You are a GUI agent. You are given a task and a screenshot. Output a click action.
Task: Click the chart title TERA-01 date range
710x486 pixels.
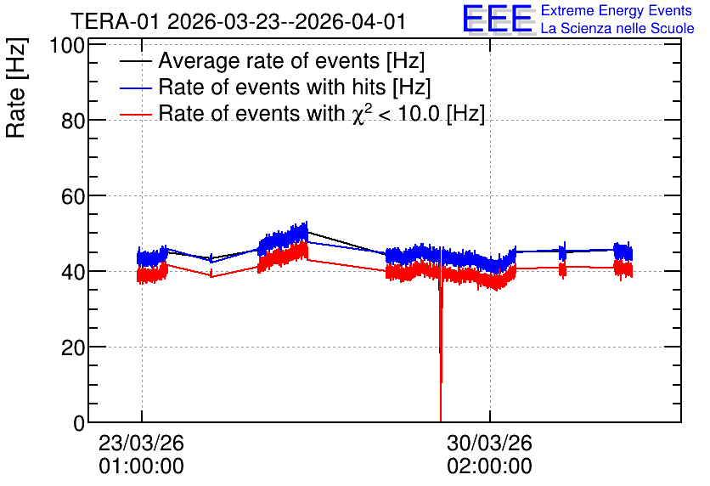238,21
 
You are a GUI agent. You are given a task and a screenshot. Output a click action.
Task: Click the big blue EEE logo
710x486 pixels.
498,19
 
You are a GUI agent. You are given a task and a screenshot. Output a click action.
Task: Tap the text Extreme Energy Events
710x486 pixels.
617,10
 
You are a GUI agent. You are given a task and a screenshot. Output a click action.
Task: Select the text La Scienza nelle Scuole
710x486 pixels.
617,28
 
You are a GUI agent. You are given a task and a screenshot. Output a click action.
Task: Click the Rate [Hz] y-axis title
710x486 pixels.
16,88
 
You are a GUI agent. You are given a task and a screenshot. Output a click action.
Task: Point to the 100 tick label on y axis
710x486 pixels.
67,46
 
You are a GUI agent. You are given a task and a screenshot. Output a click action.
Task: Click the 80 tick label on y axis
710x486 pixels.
73,121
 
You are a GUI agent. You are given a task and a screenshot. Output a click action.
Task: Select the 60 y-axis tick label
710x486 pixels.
73,196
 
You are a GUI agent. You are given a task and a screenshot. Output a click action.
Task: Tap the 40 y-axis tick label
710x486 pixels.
73,272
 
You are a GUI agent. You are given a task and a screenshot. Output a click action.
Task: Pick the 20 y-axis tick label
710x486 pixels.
73,348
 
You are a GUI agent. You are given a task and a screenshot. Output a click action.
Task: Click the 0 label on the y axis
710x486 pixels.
79,423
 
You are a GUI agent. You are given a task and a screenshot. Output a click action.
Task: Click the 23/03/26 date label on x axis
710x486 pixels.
141,443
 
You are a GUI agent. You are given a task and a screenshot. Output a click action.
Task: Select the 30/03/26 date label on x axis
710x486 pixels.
489,443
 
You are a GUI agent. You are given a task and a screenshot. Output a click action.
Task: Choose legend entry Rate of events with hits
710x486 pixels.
295,87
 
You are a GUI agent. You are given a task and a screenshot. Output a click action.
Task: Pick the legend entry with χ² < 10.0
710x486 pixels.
322,113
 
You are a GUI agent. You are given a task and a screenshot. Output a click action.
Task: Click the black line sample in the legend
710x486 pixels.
135,61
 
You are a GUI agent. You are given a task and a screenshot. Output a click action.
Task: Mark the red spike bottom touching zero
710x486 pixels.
441,421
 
